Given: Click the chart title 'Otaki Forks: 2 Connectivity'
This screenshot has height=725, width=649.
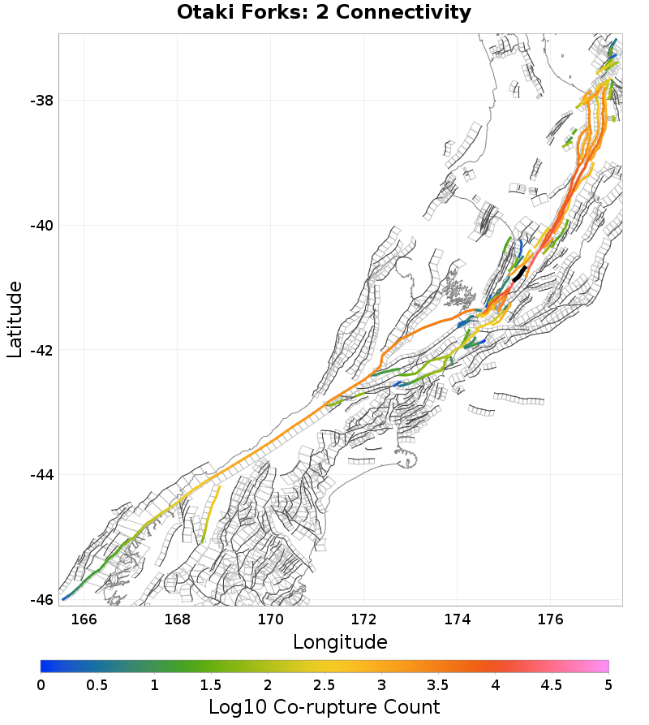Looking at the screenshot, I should [324, 13].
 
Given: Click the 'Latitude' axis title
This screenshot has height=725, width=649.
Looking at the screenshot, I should [15, 320].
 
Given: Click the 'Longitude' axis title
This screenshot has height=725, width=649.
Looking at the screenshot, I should [340, 642].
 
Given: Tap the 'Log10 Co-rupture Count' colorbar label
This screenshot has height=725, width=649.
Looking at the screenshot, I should [324, 706].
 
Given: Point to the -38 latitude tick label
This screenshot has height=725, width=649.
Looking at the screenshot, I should [41, 101].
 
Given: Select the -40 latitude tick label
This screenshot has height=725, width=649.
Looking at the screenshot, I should [41, 226].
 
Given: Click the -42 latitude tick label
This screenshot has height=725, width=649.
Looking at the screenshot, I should [41, 350].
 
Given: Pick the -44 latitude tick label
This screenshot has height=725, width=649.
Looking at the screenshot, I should [41, 475].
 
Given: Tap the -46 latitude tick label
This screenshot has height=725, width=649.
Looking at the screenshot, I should [41, 599].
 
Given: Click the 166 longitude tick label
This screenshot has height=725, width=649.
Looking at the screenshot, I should [84, 619].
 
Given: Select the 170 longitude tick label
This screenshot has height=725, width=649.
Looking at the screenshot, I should [270, 619].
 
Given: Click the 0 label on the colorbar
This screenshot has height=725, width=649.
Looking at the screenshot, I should [41, 684].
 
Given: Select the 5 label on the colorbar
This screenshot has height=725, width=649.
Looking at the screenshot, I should [608, 684].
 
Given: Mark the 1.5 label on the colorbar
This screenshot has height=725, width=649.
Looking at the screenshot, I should [211, 684].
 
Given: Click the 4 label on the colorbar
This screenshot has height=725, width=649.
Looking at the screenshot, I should [495, 684].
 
